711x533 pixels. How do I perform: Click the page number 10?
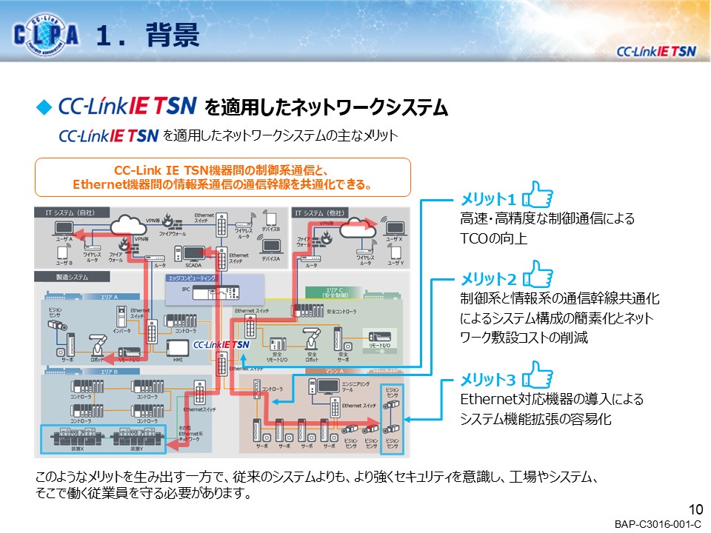(695, 509)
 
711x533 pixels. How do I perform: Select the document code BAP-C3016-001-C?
(657, 524)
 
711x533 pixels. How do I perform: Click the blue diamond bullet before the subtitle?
(43, 107)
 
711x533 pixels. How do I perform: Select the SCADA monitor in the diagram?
(193, 254)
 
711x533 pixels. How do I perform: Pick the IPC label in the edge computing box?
(186, 290)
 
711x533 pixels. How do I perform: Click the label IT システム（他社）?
(324, 213)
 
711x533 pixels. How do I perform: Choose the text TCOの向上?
(493, 240)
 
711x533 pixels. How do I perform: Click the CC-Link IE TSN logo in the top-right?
(656, 51)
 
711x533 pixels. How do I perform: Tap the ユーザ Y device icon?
(395, 252)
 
